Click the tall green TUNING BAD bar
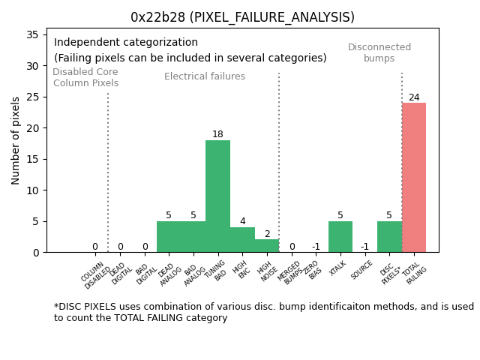tap(217, 196)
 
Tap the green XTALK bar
tap(340, 237)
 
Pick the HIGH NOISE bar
tap(266, 246)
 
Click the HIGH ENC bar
tap(242, 240)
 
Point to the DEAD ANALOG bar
tap(169, 237)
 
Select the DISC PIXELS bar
tap(389, 237)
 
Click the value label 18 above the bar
tap(217, 135)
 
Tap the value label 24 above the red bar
tap(414, 97)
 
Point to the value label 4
tap(242, 222)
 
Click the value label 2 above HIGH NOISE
tap(267, 234)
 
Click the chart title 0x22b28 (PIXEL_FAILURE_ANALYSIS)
tap(242, 17)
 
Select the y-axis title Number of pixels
tap(16, 140)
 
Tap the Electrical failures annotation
tap(205, 76)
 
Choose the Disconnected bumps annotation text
tap(379, 52)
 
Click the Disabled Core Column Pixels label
tap(85, 77)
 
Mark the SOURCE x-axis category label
tap(362, 271)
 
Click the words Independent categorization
tap(126, 43)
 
